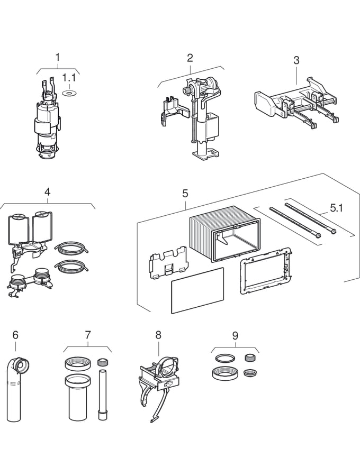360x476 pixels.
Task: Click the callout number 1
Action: click(x=58, y=57)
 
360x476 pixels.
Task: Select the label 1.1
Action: click(x=69, y=78)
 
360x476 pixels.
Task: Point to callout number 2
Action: click(x=190, y=58)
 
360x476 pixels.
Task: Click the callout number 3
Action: click(x=296, y=60)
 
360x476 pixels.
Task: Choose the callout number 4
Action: click(x=48, y=192)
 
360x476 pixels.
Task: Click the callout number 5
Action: click(x=185, y=193)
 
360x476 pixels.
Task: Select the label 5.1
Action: click(x=337, y=208)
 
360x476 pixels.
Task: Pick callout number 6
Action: click(x=15, y=335)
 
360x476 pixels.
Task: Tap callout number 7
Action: click(x=88, y=335)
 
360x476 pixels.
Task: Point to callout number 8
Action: click(x=158, y=335)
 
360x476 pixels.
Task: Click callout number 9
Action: click(x=235, y=335)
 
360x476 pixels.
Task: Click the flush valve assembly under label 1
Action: click(x=48, y=122)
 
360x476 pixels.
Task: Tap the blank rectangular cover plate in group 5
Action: click(x=197, y=290)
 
